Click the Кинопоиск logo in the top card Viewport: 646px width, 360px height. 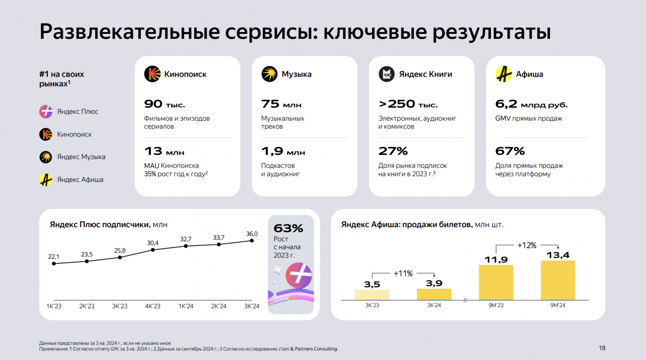click(152, 74)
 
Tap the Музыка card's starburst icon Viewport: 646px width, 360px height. click(269, 74)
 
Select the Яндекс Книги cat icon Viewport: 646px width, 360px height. click(386, 74)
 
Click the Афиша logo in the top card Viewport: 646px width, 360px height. click(503, 74)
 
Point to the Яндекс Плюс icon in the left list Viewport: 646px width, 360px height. click(46, 111)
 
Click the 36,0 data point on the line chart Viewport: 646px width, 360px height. click(252, 241)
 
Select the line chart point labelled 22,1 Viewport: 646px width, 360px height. click(54, 264)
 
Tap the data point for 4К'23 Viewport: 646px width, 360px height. click(153, 250)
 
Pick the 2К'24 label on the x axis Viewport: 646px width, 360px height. click(218, 306)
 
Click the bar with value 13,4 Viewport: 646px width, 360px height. click(558, 280)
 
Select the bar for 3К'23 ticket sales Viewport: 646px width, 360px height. click(372, 295)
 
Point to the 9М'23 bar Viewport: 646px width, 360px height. click(496, 282)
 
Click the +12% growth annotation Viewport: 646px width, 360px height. click(527, 245)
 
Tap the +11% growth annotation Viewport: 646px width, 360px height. click(403, 274)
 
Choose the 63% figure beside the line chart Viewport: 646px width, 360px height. click(288, 228)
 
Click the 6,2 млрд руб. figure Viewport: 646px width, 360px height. click(531, 105)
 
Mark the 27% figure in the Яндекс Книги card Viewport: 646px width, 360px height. click(393, 151)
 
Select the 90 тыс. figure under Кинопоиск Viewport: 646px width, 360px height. click(164, 105)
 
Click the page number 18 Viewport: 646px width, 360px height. click(602, 348)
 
